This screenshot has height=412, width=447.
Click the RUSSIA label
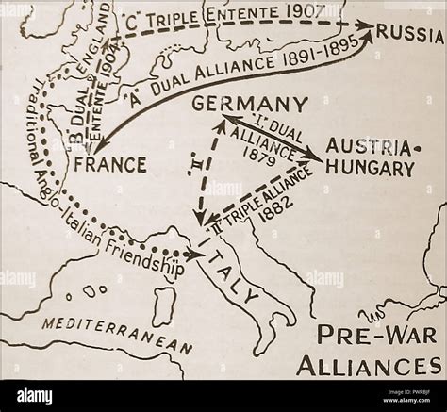[x=410, y=34]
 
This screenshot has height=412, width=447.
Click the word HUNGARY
[x=374, y=170]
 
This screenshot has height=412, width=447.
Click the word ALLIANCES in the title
[x=378, y=366]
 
